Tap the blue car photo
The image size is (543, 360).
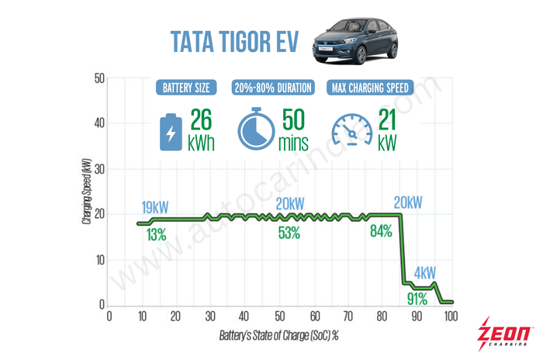coord(355,43)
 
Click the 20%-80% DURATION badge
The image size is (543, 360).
coord(272,88)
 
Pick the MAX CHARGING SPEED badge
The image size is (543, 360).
coord(368,88)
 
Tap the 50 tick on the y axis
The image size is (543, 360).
coord(99,78)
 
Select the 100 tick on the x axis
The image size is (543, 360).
coord(451,317)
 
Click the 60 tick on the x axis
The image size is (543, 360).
coord(314,317)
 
